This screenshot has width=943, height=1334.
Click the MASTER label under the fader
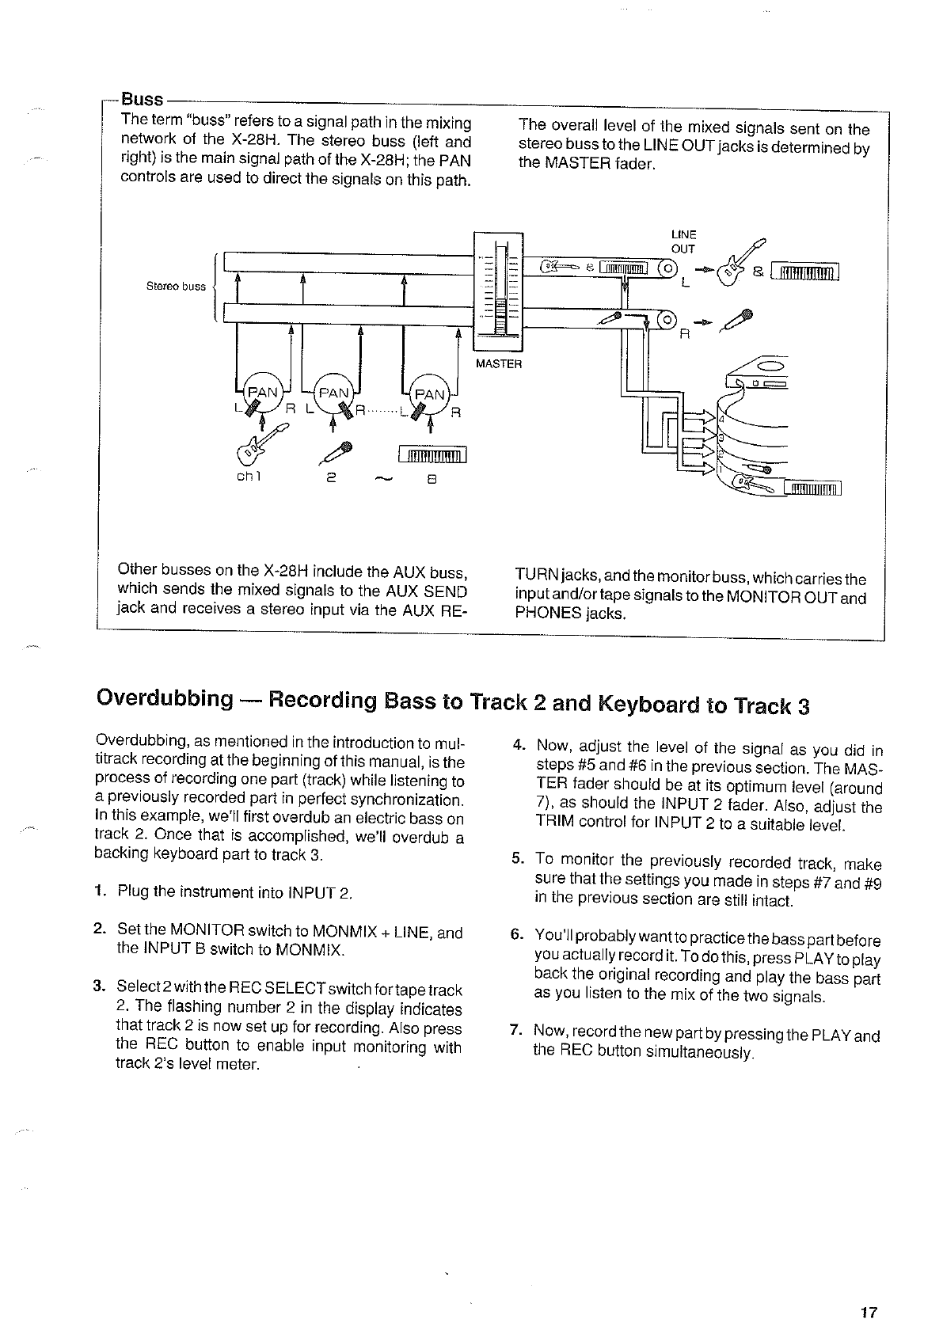(498, 364)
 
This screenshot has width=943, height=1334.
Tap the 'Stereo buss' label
(176, 287)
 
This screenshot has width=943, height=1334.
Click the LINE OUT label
(683, 241)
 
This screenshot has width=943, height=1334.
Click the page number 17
(869, 1313)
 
